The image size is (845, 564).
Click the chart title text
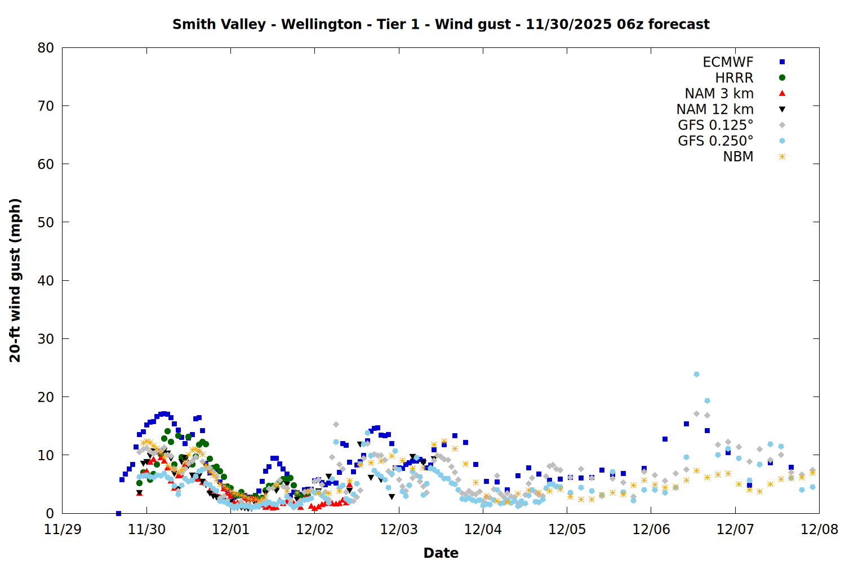coord(441,24)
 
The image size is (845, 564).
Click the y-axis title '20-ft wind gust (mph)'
coord(15,280)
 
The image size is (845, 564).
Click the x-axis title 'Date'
coord(441,553)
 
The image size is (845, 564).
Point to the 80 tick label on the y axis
coord(46,48)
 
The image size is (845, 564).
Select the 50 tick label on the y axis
coord(46,222)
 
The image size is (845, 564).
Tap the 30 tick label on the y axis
coord(46,339)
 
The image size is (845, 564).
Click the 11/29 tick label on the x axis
coord(63,530)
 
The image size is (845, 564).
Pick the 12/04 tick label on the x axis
coord(483,530)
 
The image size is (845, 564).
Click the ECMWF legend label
coord(728,62)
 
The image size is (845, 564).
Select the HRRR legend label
coord(734,78)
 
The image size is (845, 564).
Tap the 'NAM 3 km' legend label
coord(719,94)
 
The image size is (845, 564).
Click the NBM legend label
coord(738,157)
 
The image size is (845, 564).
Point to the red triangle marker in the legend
coord(782,94)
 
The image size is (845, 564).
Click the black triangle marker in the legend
coord(782,109)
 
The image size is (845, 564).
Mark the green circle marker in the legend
coord(782,78)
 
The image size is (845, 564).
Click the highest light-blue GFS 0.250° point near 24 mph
coord(696,374)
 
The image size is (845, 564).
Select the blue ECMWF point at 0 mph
coord(118,513)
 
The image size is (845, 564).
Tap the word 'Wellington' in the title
coord(321,24)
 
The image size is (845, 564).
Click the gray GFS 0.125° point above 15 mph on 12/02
coord(336,424)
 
